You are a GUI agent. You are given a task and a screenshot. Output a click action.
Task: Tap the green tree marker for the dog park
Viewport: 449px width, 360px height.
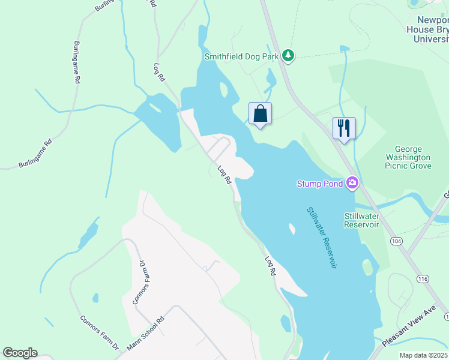tap(289, 56)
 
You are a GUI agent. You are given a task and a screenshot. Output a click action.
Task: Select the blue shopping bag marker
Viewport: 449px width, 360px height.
tap(261, 113)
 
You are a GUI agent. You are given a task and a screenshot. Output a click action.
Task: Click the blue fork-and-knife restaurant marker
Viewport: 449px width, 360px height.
tap(344, 128)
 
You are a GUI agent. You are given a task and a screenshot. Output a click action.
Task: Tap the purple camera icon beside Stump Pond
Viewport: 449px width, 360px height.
tap(352, 182)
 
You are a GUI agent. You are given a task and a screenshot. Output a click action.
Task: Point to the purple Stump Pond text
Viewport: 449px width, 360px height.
tap(320, 183)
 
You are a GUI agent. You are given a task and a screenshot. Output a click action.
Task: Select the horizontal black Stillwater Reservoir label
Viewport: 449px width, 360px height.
tap(361, 220)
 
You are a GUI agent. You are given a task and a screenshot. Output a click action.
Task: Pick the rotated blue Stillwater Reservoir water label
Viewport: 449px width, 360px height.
tap(321, 238)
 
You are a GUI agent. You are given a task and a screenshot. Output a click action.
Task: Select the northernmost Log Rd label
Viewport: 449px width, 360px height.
tap(159, 72)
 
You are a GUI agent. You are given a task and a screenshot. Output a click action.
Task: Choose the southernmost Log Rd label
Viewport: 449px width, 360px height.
tap(270, 266)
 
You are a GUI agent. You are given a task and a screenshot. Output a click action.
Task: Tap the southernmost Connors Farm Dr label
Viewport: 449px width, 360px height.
tap(100, 333)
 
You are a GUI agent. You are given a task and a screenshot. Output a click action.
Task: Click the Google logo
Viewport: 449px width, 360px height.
tap(20, 353)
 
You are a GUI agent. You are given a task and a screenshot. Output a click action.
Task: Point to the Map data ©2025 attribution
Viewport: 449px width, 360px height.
tap(423, 355)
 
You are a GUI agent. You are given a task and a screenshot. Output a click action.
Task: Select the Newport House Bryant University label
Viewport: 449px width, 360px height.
tap(427, 29)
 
